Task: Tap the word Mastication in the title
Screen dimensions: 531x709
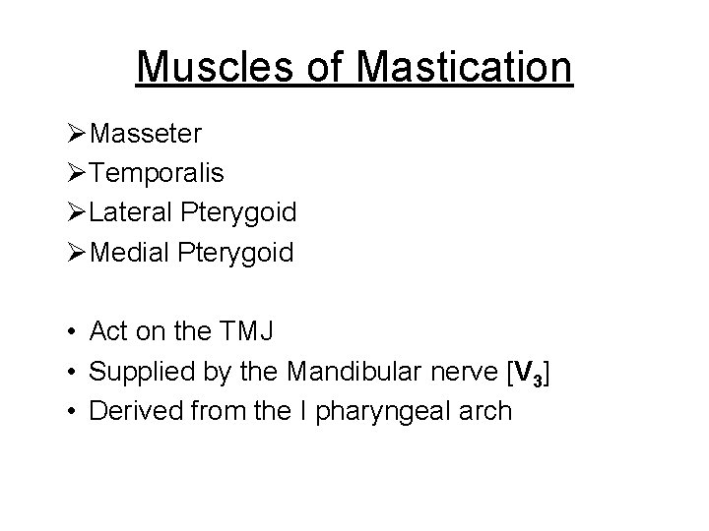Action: coord(465,67)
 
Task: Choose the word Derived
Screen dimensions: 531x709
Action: coord(131,410)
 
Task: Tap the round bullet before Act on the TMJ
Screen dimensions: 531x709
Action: coord(71,332)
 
